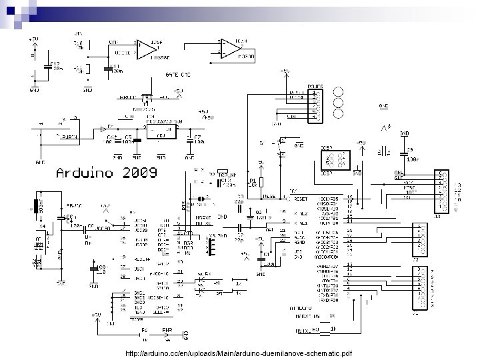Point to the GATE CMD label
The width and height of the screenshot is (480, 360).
177,75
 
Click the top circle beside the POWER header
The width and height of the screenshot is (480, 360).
338,92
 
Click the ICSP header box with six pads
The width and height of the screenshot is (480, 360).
333,159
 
